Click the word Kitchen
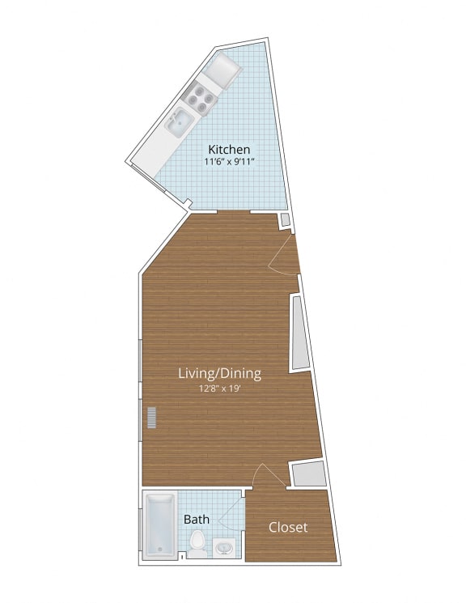click(x=229, y=150)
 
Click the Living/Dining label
click(x=221, y=373)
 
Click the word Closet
click(x=288, y=527)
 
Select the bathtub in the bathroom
click(x=159, y=526)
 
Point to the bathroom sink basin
click(x=225, y=549)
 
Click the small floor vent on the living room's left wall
click(x=150, y=418)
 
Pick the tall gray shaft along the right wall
click(x=299, y=333)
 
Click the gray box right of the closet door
click(x=309, y=473)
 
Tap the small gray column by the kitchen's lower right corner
click(x=285, y=220)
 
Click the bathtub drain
click(x=159, y=550)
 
